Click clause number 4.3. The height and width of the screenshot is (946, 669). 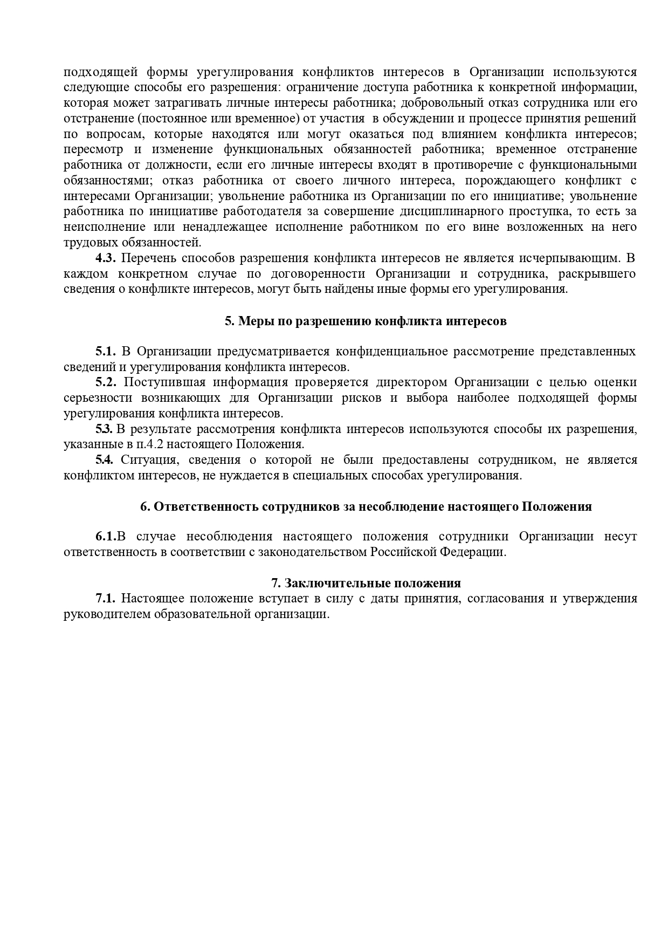pyautogui.click(x=106, y=258)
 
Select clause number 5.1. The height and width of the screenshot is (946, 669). pyautogui.click(x=106, y=352)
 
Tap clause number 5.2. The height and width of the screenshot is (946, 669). pyautogui.click(x=106, y=382)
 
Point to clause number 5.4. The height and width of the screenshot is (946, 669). pyautogui.click(x=104, y=460)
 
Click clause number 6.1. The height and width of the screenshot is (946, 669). pyautogui.click(x=106, y=537)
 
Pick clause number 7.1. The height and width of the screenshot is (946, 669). pyautogui.click(x=106, y=598)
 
